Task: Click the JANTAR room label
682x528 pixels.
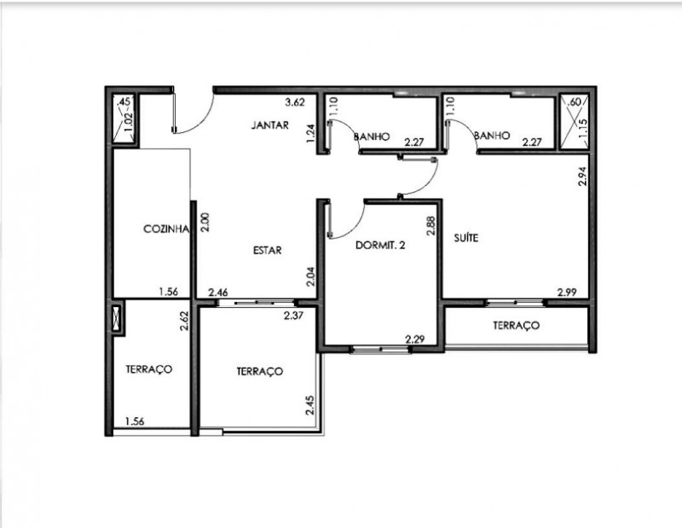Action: (x=270, y=125)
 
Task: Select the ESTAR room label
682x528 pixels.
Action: (x=267, y=250)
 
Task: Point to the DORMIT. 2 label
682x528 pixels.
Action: (x=379, y=247)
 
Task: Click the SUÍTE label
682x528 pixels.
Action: (x=465, y=239)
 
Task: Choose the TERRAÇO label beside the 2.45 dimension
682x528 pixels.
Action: (x=259, y=372)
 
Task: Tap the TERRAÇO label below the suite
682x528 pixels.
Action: (x=517, y=326)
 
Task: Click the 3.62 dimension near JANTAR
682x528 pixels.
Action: (x=294, y=102)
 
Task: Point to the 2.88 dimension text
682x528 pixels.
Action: (x=431, y=225)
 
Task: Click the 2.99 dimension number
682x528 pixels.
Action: (x=569, y=292)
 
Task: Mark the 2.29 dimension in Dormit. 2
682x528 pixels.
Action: (x=415, y=339)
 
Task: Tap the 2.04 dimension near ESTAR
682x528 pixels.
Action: (x=312, y=276)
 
